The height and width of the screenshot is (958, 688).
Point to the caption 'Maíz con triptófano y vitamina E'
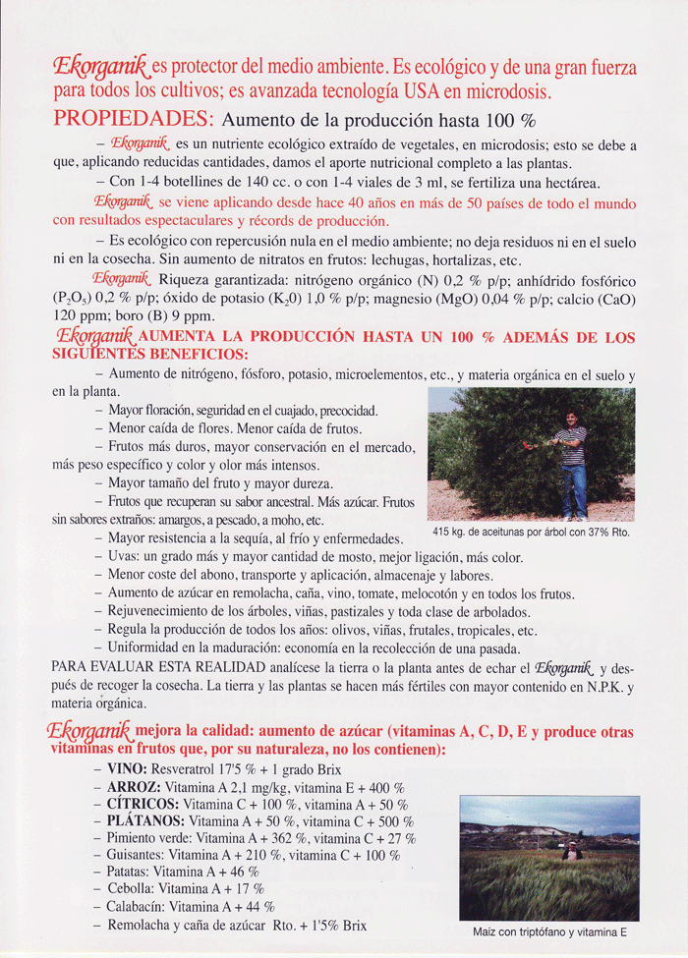point(549,931)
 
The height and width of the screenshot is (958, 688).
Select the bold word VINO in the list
point(128,769)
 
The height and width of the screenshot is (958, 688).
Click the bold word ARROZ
point(134,787)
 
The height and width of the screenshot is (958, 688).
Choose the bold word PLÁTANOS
point(147,821)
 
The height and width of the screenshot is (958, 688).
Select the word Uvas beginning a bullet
point(124,557)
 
